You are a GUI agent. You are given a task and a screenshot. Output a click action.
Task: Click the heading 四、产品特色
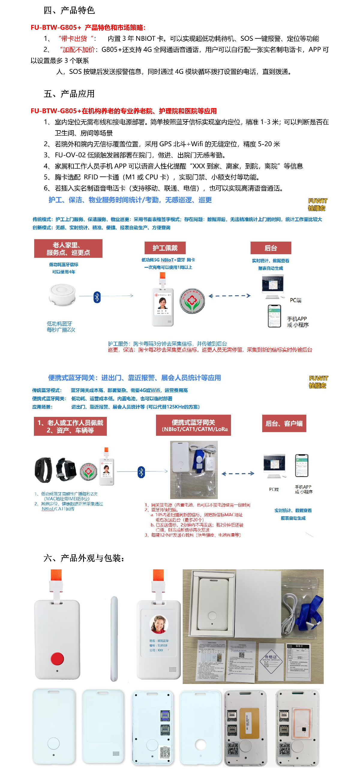click(x=69, y=10)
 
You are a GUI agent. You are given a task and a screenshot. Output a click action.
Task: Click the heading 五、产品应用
click(x=69, y=94)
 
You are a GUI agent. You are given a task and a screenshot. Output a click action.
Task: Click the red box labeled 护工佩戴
click(x=165, y=248)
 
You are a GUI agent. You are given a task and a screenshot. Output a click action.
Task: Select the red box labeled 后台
click(x=270, y=248)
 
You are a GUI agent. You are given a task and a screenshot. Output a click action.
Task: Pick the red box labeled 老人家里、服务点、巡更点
click(x=68, y=248)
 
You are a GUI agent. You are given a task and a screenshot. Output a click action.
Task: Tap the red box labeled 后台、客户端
click(x=284, y=423)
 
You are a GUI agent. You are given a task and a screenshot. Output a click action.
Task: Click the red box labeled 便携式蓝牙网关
click(x=193, y=425)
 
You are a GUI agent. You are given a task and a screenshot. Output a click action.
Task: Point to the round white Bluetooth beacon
click(x=62, y=294)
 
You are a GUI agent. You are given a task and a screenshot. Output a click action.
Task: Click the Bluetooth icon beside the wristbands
click(x=141, y=472)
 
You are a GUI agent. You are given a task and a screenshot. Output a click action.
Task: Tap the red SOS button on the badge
click(x=57, y=658)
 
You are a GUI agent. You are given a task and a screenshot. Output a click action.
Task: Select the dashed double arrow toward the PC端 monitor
click(x=230, y=296)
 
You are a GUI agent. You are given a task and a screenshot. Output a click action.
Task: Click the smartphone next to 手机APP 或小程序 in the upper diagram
click(x=274, y=316)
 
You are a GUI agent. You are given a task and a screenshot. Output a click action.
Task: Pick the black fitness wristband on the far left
click(x=43, y=470)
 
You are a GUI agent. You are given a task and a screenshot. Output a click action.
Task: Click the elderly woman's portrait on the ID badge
click(x=159, y=625)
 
